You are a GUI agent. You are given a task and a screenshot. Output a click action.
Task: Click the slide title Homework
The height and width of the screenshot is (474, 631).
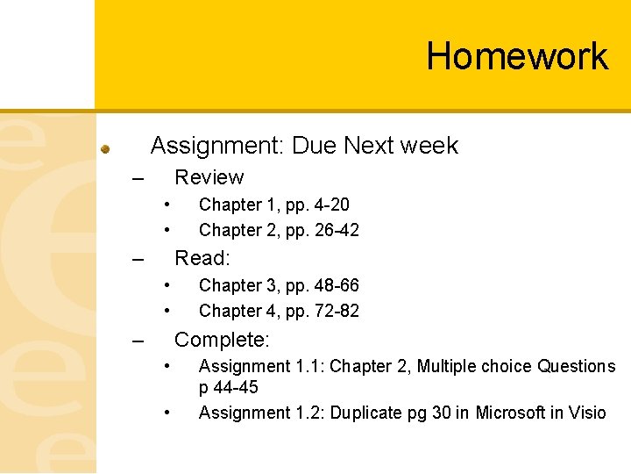[x=517, y=56]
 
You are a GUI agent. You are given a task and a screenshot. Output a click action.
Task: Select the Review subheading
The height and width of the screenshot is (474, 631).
[x=209, y=177]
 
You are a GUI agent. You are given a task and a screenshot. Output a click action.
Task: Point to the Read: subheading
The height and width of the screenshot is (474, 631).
[x=202, y=258]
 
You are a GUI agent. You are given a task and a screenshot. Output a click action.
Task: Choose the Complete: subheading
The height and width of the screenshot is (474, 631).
[x=223, y=340]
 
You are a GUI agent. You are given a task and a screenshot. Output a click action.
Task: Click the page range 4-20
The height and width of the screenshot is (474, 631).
[x=330, y=205]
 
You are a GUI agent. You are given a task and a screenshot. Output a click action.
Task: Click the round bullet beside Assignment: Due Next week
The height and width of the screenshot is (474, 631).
[x=104, y=148]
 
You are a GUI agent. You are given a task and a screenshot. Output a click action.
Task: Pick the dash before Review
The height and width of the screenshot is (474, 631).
[x=137, y=179]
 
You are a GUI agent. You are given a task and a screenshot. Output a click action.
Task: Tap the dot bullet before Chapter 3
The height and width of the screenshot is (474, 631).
[x=166, y=285]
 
